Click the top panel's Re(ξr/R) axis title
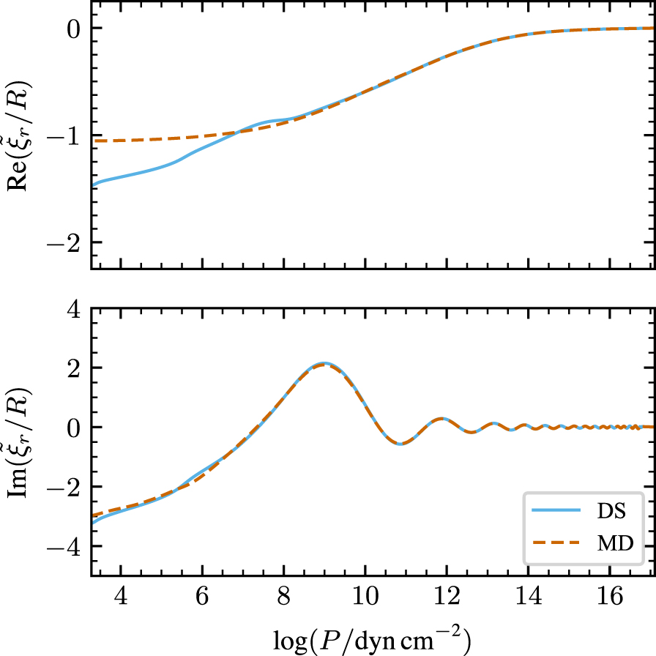pos(20,135)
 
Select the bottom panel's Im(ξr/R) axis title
pos(20,441)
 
